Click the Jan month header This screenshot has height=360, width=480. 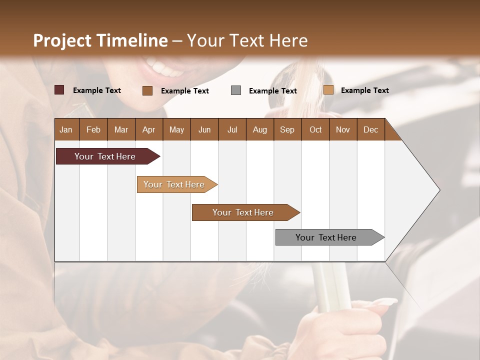(66, 129)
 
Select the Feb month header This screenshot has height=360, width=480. (93, 129)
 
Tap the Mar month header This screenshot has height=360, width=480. (121, 129)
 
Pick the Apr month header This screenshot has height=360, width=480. (148, 129)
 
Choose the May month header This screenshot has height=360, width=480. (176, 129)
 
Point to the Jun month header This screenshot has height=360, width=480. (204, 129)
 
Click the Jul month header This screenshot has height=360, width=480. (232, 129)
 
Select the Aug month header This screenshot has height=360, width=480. (259, 129)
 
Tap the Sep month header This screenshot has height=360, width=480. (287, 129)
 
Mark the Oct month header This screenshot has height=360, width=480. (315, 129)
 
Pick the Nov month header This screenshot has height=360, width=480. (343, 129)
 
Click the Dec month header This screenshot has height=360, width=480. (370, 129)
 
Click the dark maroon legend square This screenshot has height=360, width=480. (59, 90)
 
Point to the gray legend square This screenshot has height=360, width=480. (236, 90)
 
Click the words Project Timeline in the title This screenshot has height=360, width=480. (100, 40)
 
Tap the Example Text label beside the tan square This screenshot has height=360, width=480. (364, 90)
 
